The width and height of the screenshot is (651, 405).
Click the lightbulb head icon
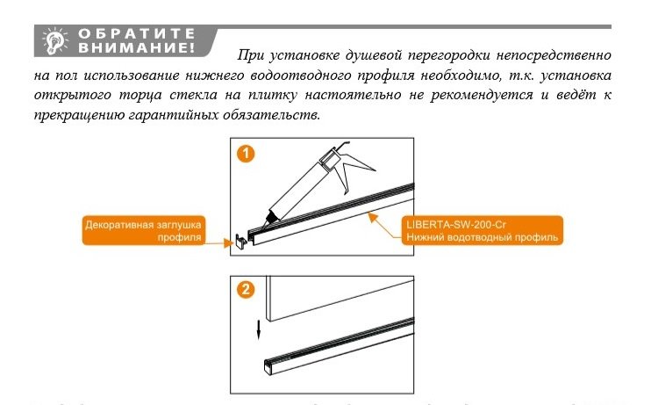pyautogui.click(x=56, y=40)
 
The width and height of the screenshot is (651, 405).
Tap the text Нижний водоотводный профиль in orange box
pyautogui.click(x=481, y=237)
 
